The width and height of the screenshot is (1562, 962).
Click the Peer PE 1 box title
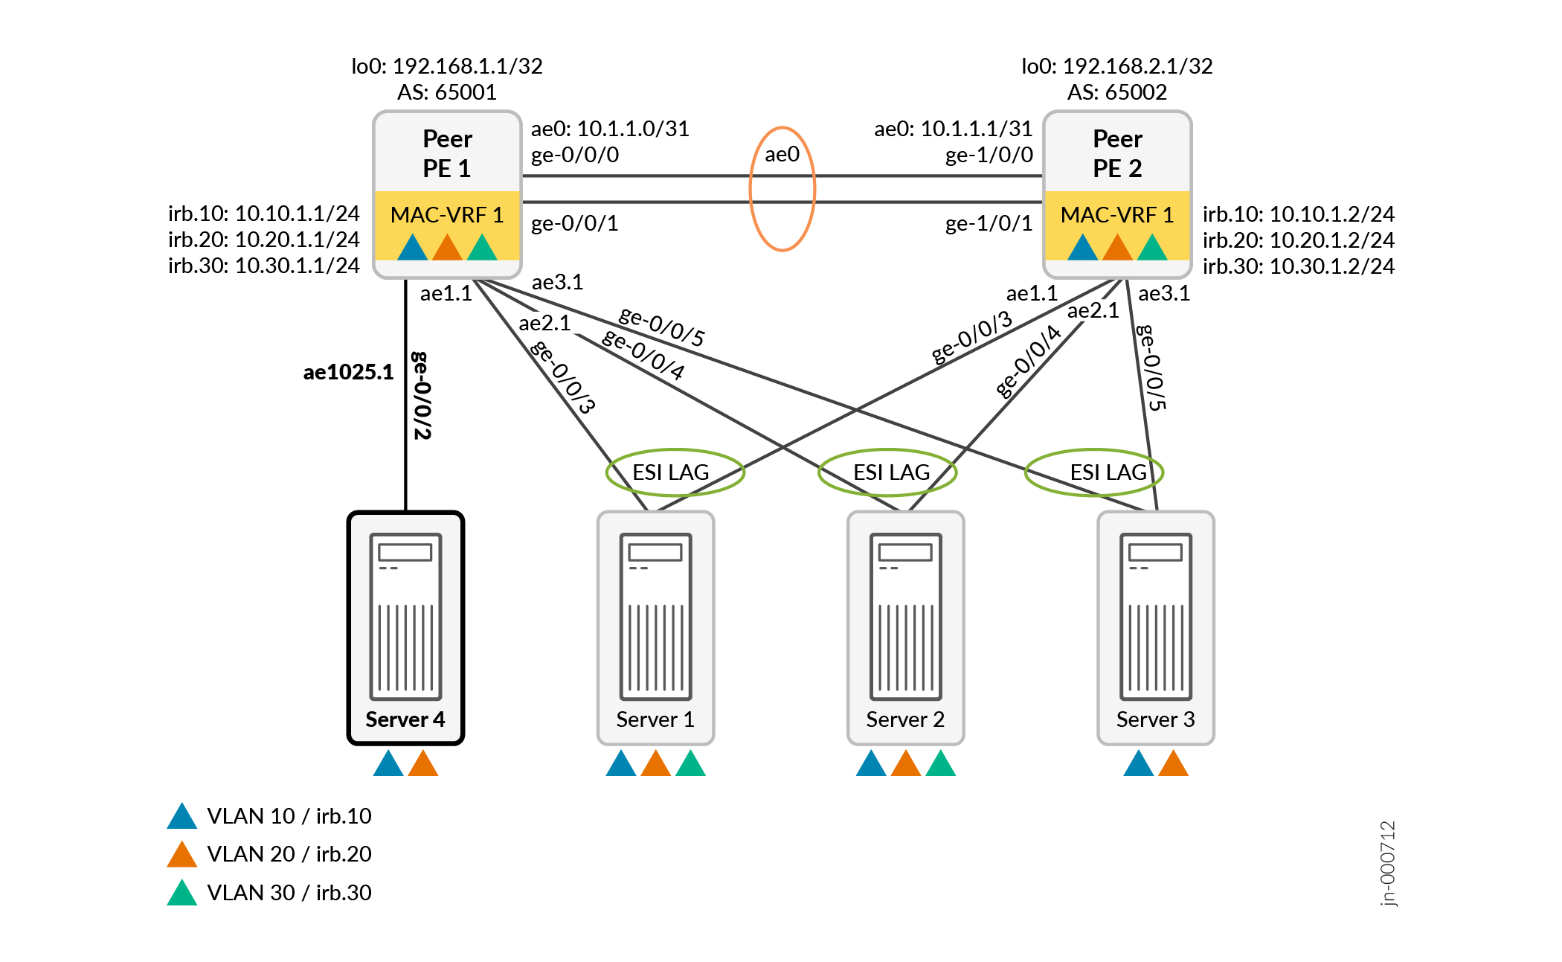pyautogui.click(x=447, y=153)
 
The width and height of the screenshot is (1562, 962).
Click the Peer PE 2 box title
pyautogui.click(x=1117, y=153)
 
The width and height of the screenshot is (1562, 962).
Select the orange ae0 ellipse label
pyautogui.click(x=782, y=155)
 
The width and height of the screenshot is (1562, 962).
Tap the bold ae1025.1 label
pyautogui.click(x=348, y=372)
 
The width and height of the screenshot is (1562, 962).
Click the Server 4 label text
pyautogui.click(x=405, y=719)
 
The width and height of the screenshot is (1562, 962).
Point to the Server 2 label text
pyautogui.click(x=905, y=719)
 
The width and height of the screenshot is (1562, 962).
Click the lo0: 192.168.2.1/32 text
pyautogui.click(x=1117, y=66)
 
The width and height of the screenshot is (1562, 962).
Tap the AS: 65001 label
pyautogui.click(x=447, y=92)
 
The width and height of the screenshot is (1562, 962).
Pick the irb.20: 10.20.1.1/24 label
pyautogui.click(x=263, y=240)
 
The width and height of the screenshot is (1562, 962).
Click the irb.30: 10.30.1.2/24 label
pyautogui.click(x=1299, y=266)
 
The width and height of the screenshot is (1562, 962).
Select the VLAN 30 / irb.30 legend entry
pyautogui.click(x=289, y=892)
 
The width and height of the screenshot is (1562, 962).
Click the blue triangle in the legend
pyautogui.click(x=182, y=817)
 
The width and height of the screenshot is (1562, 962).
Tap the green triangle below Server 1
pyautogui.click(x=690, y=765)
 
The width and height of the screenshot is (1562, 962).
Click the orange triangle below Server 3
pyautogui.click(x=1173, y=765)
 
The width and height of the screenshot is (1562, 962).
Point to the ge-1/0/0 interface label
pyautogui.click(x=989, y=155)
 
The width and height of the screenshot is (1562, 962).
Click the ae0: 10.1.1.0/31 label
pyautogui.click(x=610, y=129)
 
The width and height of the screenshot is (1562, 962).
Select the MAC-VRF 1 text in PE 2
pyautogui.click(x=1117, y=215)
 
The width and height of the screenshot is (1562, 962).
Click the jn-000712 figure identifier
pyautogui.click(x=1388, y=863)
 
